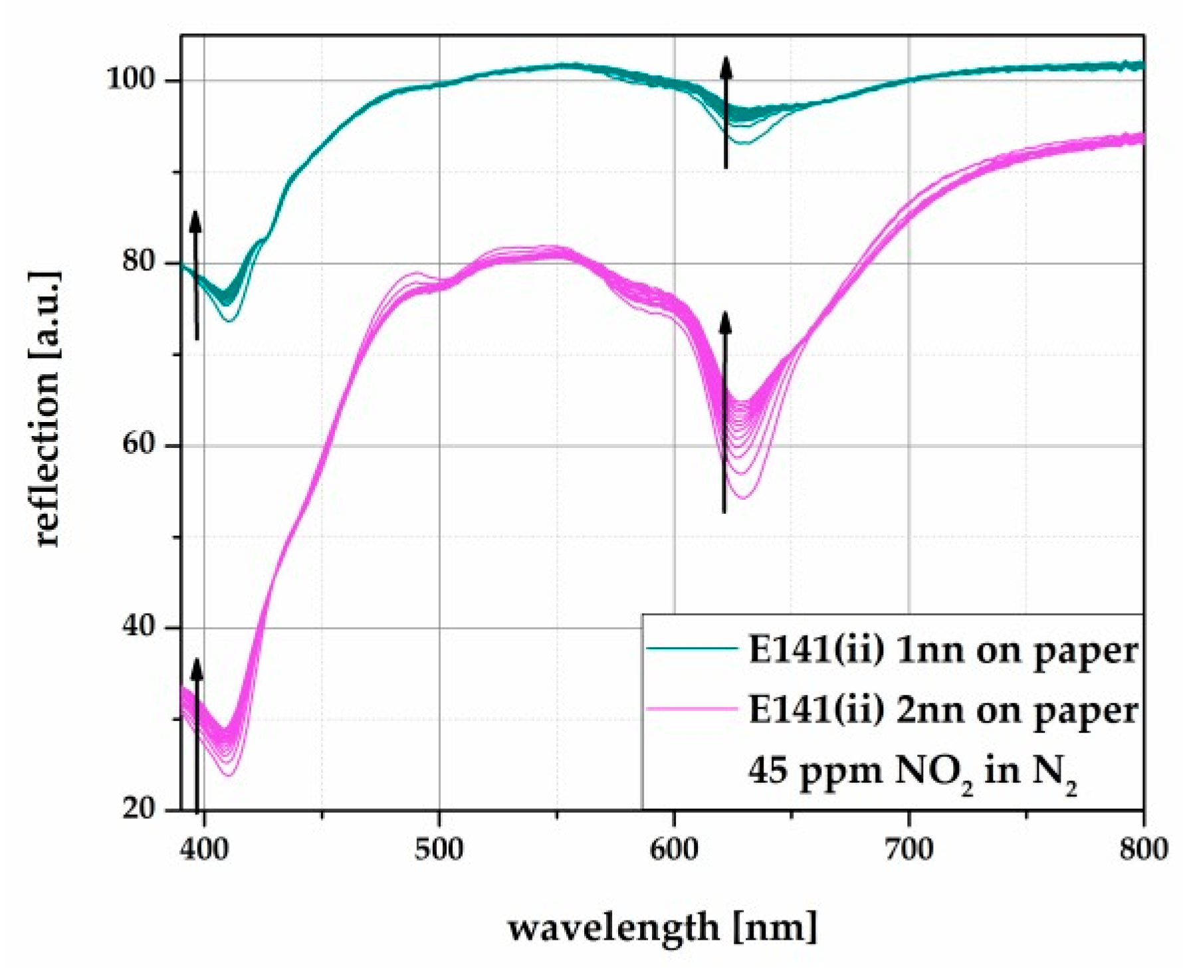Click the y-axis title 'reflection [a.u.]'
(x=48, y=409)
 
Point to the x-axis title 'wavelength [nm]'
(x=663, y=926)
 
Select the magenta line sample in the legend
(x=692, y=709)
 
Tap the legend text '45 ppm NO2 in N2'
(x=912, y=772)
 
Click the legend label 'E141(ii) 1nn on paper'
(x=943, y=650)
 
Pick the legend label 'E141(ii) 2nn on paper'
(x=943, y=710)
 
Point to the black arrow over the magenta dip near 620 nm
(x=725, y=412)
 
